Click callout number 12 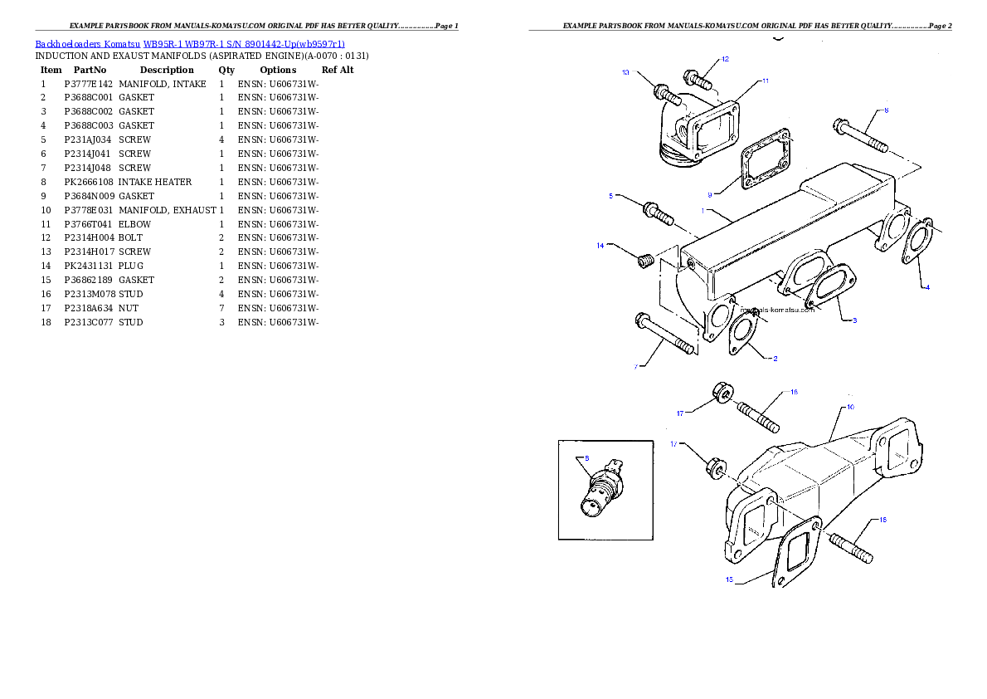(725, 59)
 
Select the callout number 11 (765, 81)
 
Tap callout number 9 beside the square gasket (709, 195)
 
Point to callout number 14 (600, 245)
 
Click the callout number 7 (637, 366)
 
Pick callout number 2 (775, 359)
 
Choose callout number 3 (854, 320)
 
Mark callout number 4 (927, 287)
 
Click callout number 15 (729, 580)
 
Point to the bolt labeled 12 (698, 81)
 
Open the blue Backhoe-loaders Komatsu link (190, 44)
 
